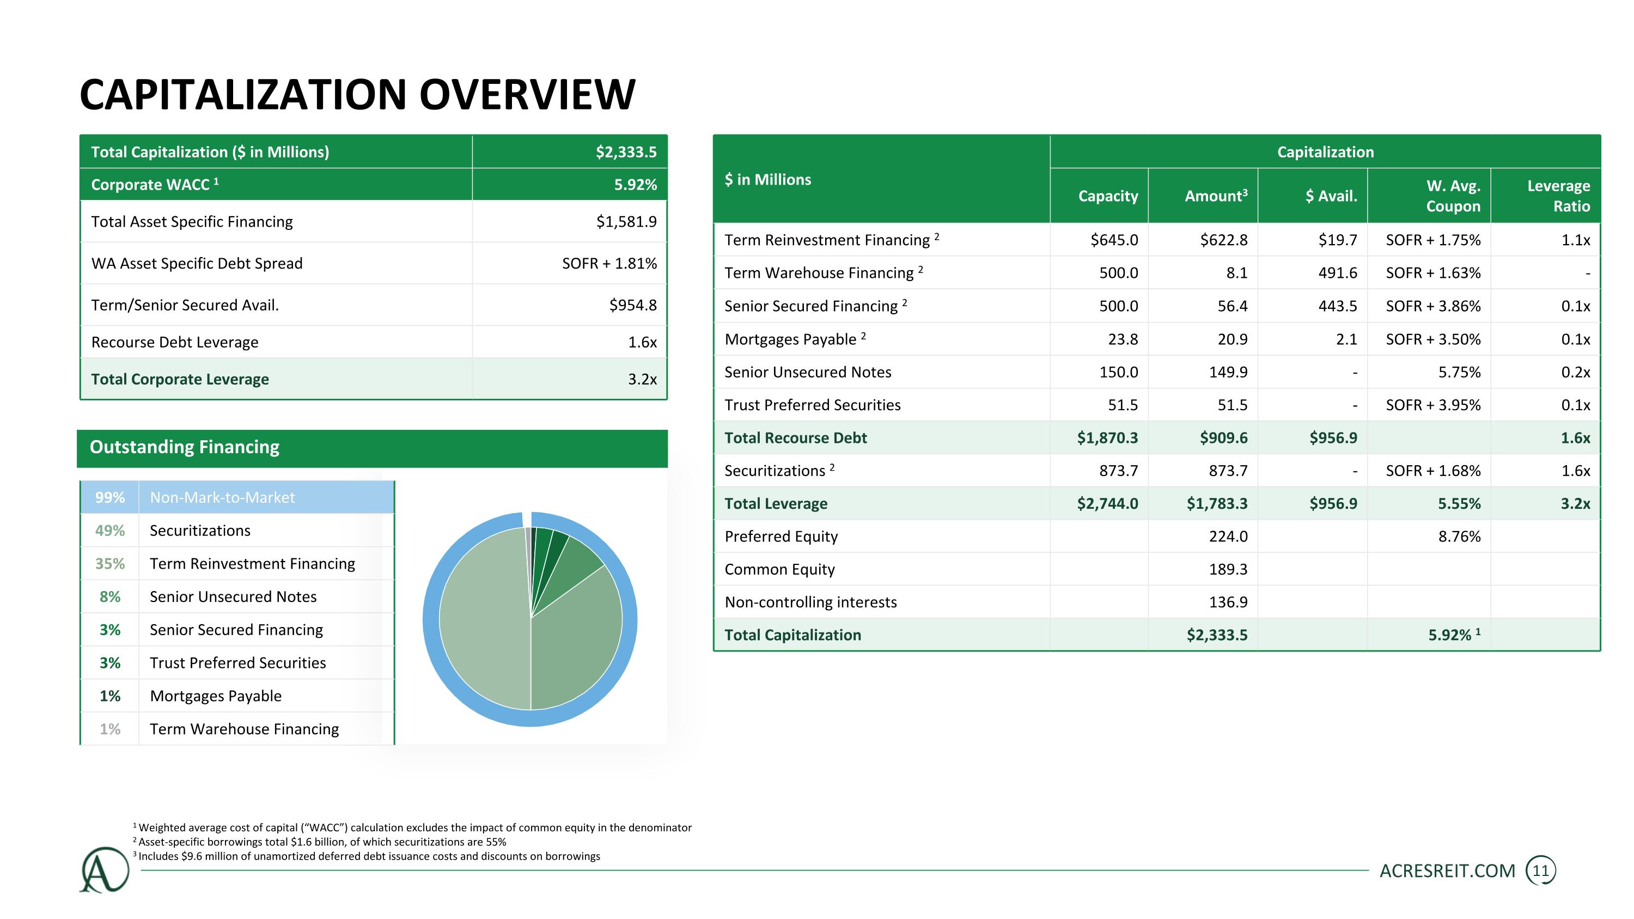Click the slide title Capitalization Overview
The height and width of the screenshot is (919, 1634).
pyautogui.click(x=357, y=94)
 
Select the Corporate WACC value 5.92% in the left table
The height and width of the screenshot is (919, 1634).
pyautogui.click(x=635, y=185)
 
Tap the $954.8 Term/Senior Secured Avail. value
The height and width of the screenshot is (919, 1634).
pyautogui.click(x=632, y=305)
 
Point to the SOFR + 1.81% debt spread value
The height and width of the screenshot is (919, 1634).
pyautogui.click(x=609, y=263)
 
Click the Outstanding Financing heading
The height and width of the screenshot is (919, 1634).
pyautogui.click(x=184, y=447)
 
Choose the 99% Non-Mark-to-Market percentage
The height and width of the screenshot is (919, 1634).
pyautogui.click(x=109, y=497)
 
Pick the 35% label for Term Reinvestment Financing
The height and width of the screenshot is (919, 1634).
pyautogui.click(x=109, y=564)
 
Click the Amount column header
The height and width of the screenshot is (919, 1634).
pyautogui.click(x=1215, y=196)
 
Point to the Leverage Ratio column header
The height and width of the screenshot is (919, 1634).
pyautogui.click(x=1558, y=196)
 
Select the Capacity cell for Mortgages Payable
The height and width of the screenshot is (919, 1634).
pyautogui.click(x=1123, y=339)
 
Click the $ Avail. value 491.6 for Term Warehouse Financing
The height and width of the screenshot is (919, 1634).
pyautogui.click(x=1337, y=273)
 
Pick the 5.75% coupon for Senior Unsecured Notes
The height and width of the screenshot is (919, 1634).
pyautogui.click(x=1459, y=372)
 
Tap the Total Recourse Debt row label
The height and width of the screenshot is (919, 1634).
pyautogui.click(x=795, y=437)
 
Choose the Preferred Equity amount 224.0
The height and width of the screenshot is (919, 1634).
pyautogui.click(x=1228, y=537)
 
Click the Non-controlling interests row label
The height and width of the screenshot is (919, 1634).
pyautogui.click(x=810, y=602)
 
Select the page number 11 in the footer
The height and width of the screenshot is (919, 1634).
pyautogui.click(x=1541, y=871)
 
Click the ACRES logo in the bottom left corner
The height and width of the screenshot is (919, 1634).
pyautogui.click(x=105, y=869)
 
